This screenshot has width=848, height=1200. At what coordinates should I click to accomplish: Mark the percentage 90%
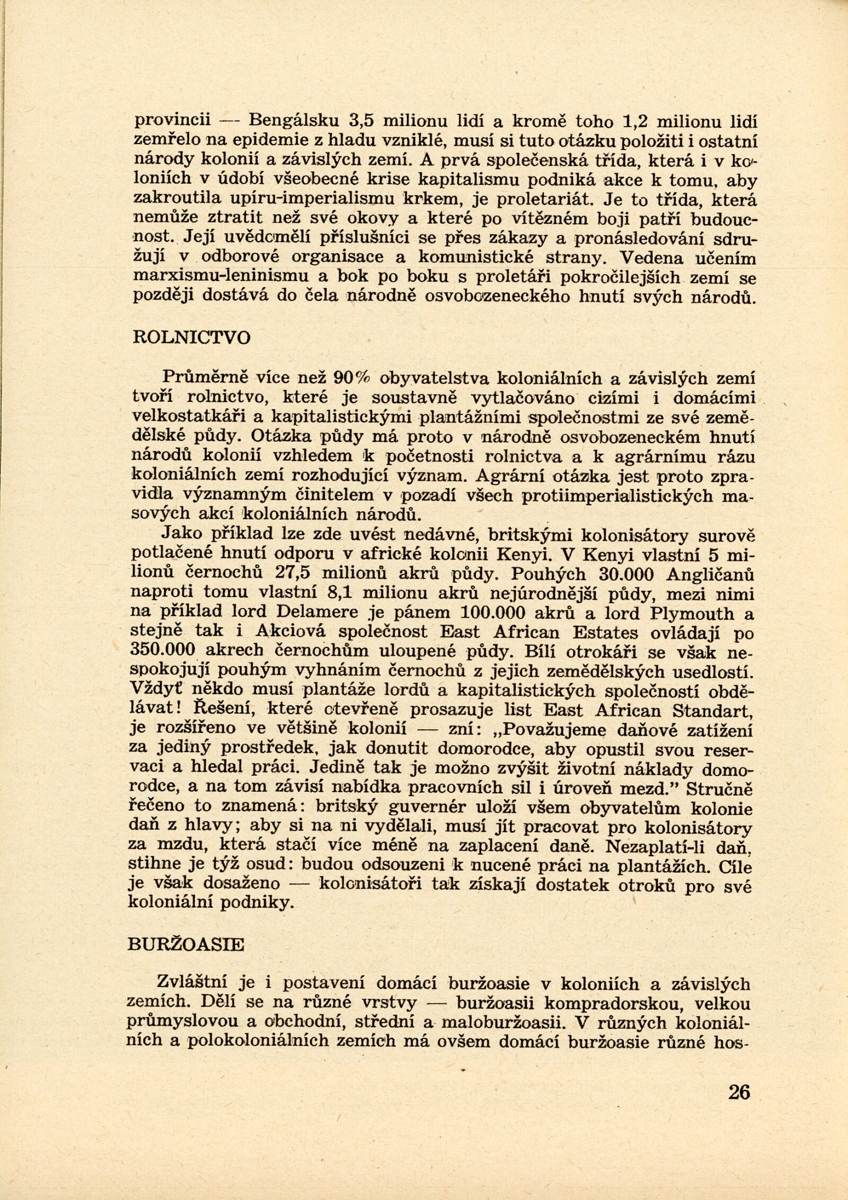(351, 378)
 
